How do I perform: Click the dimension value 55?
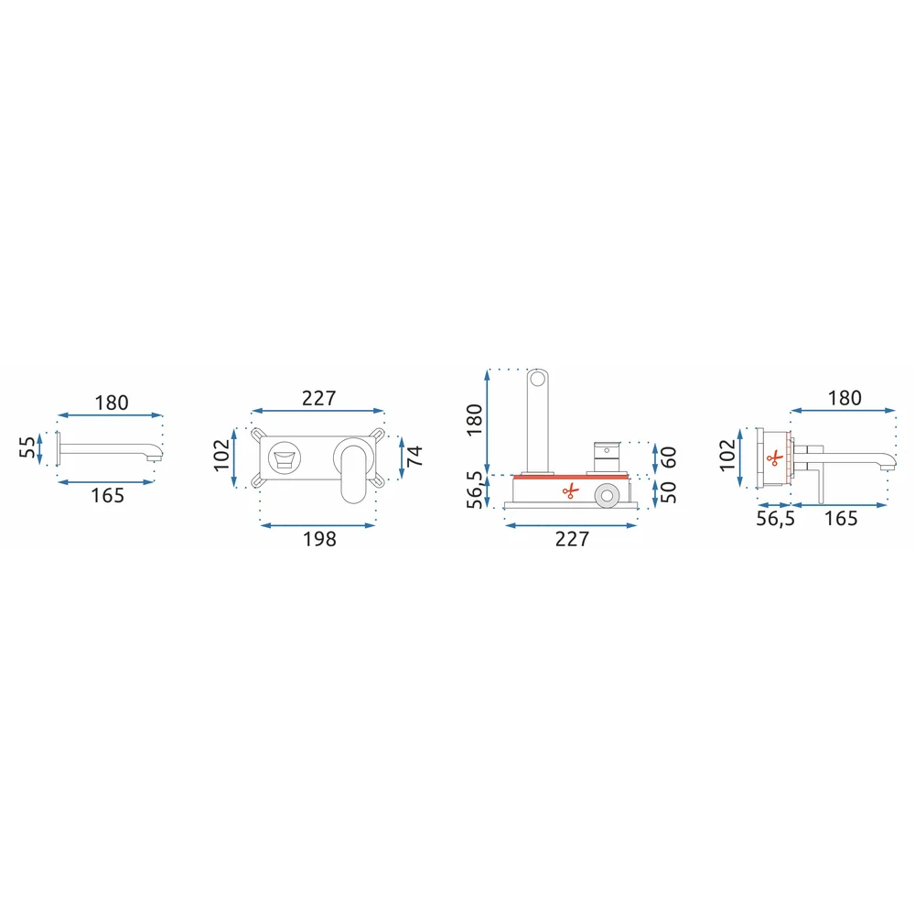click(x=27, y=447)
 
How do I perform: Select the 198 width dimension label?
click(x=319, y=539)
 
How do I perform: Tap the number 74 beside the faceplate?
click(x=414, y=456)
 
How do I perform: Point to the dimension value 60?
click(x=669, y=457)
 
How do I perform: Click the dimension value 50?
click(x=669, y=492)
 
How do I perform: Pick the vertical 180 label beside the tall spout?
click(x=474, y=419)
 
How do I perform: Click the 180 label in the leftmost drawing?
click(x=112, y=403)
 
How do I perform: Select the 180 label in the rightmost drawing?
click(x=845, y=398)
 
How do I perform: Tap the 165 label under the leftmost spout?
click(x=107, y=495)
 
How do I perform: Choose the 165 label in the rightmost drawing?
click(x=841, y=518)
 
